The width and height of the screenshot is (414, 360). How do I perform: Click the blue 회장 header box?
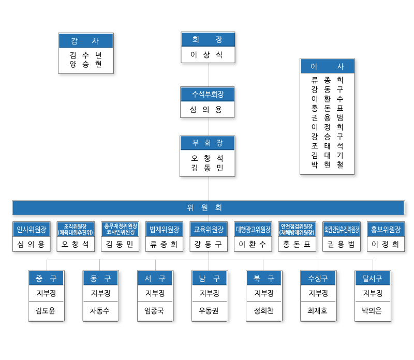pos(208,40)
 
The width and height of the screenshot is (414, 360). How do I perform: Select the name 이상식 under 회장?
pos(208,55)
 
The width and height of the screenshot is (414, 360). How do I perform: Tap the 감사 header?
pos(85,41)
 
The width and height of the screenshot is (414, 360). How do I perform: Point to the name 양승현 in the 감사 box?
pos(85,64)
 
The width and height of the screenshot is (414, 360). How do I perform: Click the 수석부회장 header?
pos(208,94)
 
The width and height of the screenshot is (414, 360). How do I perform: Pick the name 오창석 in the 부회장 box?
pos(208,158)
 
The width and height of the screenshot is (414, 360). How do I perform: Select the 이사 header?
pos(327,66)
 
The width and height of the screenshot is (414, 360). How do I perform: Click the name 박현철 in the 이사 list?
pos(327,164)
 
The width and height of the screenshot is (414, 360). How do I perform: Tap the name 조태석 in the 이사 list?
pos(327,146)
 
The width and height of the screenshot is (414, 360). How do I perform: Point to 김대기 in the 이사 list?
pos(327,155)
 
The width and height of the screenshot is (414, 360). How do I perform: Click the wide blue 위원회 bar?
pos(208,208)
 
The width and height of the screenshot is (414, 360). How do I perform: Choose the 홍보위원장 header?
pos(386,229)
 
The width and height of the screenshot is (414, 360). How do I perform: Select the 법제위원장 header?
pos(164,229)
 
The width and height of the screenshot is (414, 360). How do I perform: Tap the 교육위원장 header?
pos(209,229)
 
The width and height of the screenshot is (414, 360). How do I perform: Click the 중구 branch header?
pos(46,278)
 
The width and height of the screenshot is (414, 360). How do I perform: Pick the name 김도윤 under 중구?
pos(46,311)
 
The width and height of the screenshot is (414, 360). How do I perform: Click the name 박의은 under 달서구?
pos(373,311)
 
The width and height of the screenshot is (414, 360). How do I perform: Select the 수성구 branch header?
pos(318,278)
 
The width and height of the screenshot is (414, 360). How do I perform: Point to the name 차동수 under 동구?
pos(100,311)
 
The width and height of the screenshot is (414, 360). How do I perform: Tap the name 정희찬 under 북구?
pos(263,311)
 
